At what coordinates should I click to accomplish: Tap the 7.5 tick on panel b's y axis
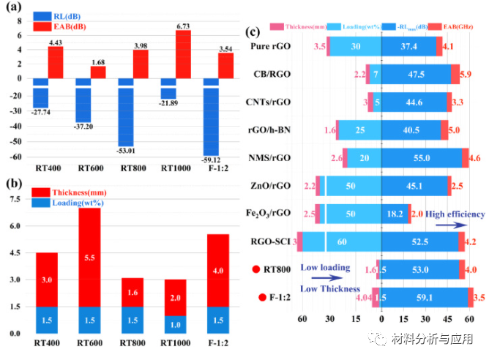pos(14,199)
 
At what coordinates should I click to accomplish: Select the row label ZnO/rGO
pos(271,186)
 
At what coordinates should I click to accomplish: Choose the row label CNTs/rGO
pos(271,102)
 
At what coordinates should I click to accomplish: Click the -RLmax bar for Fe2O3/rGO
pos(395,214)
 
